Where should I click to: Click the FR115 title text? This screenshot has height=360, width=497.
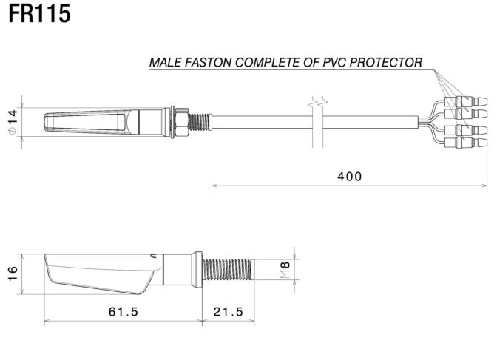pos(40,14)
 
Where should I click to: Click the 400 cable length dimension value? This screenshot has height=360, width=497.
pos(349,176)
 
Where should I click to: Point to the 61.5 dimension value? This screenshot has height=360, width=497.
pos(123,311)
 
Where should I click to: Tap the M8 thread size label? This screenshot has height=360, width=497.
pos(285,271)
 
